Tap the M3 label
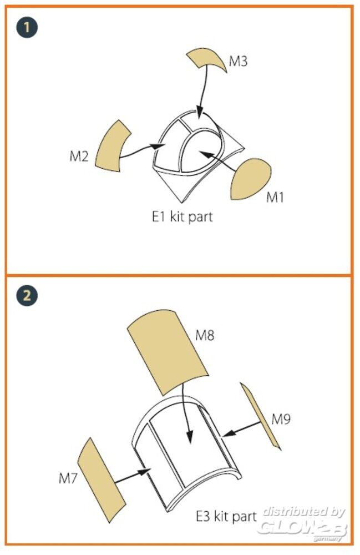tap(238, 61)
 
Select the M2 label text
tap(79, 156)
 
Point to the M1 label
tap(275, 197)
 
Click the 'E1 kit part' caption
tap(182, 216)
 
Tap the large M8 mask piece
tap(168, 352)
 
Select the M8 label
tap(205, 335)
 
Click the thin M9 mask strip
tap(260, 416)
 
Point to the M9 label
tap(281, 419)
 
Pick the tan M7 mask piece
tap(102, 480)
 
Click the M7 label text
tap(68, 478)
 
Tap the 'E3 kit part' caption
tap(226, 516)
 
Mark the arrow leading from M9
tap(242, 429)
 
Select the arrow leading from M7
tap(133, 476)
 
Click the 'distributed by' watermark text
tap(304, 512)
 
